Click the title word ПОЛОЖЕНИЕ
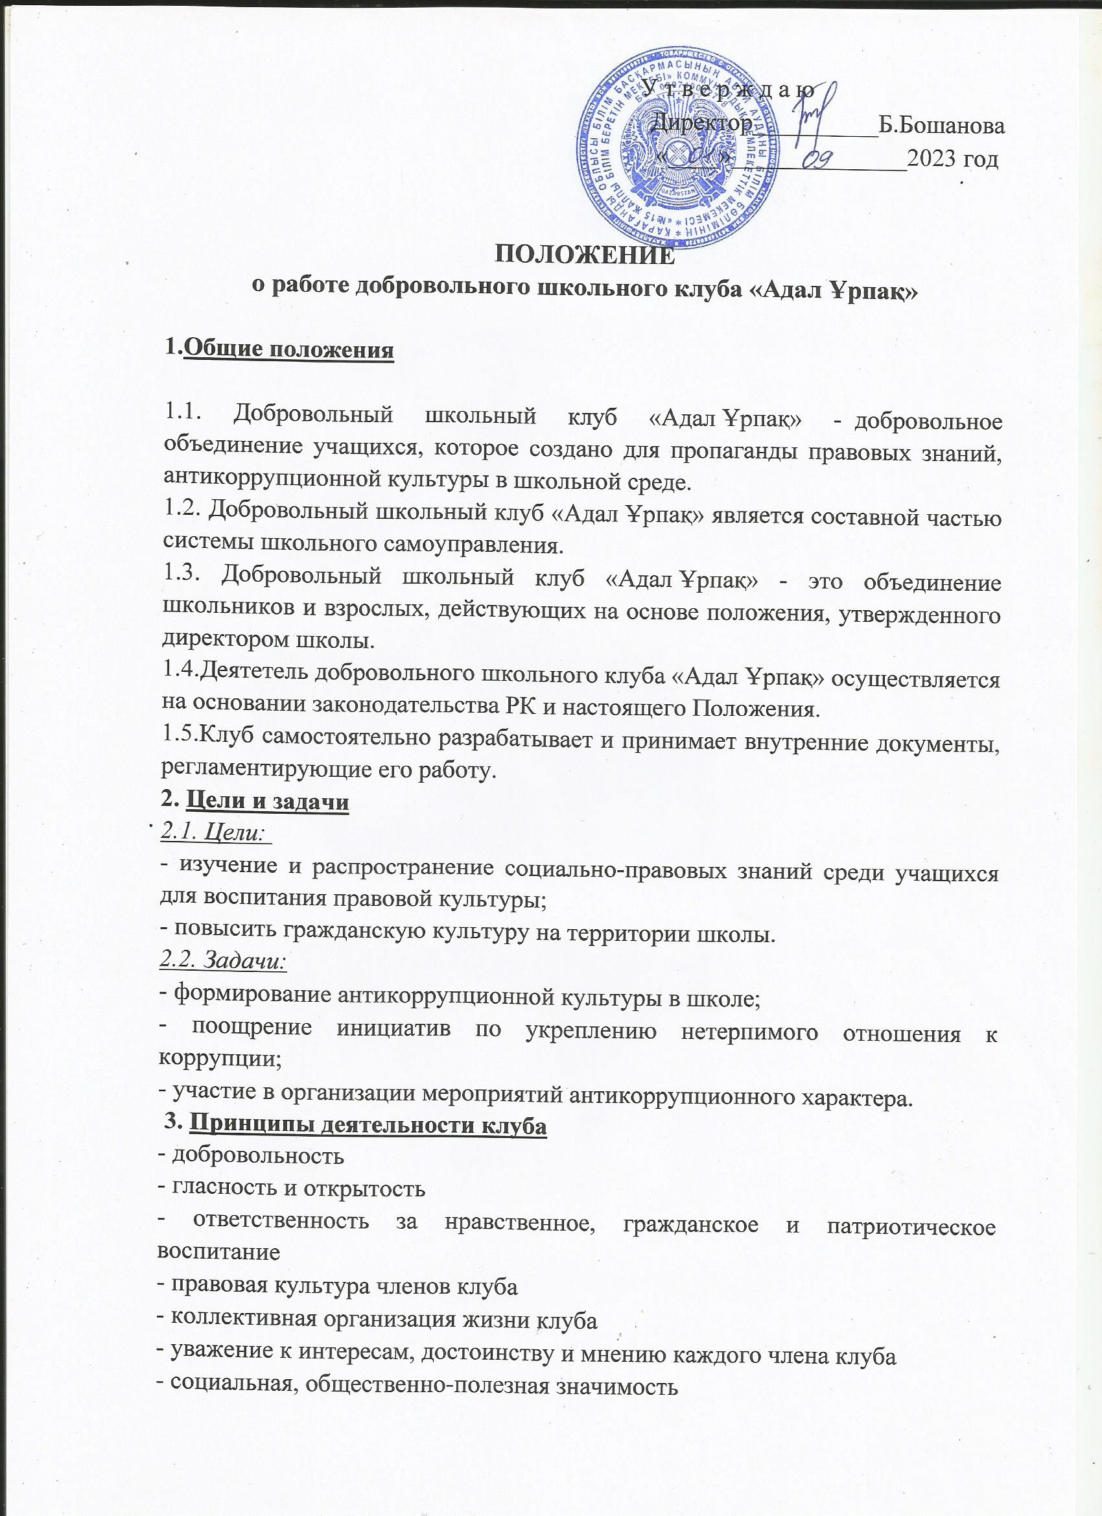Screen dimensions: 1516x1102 pos(584,255)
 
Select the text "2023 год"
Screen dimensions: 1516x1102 pos(952,158)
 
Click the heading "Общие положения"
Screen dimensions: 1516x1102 pos(288,349)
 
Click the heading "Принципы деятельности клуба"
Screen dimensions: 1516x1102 pos(368,1125)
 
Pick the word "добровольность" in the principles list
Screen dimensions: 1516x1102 pos(258,1155)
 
